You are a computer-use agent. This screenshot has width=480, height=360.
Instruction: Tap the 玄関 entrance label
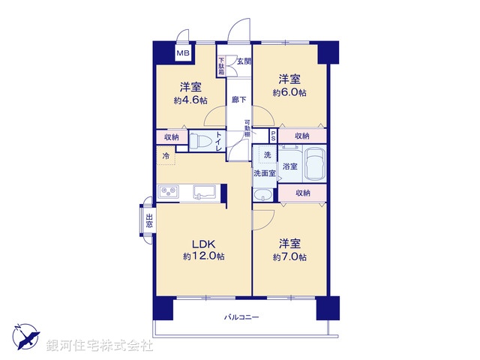(244, 61)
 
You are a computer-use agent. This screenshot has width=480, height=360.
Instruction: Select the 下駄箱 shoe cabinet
(222, 67)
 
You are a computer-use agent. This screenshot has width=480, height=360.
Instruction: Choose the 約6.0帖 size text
(289, 92)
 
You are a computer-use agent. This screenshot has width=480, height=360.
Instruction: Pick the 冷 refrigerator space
(166, 157)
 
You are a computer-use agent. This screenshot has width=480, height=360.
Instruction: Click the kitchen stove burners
(168, 193)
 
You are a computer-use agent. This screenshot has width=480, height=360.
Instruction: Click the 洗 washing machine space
(266, 154)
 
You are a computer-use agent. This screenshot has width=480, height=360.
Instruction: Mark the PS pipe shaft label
(274, 136)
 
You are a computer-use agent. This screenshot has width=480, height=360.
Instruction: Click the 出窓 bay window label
(148, 220)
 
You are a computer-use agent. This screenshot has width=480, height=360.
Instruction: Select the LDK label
(203, 243)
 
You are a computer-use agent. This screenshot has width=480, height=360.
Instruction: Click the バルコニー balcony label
(241, 318)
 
